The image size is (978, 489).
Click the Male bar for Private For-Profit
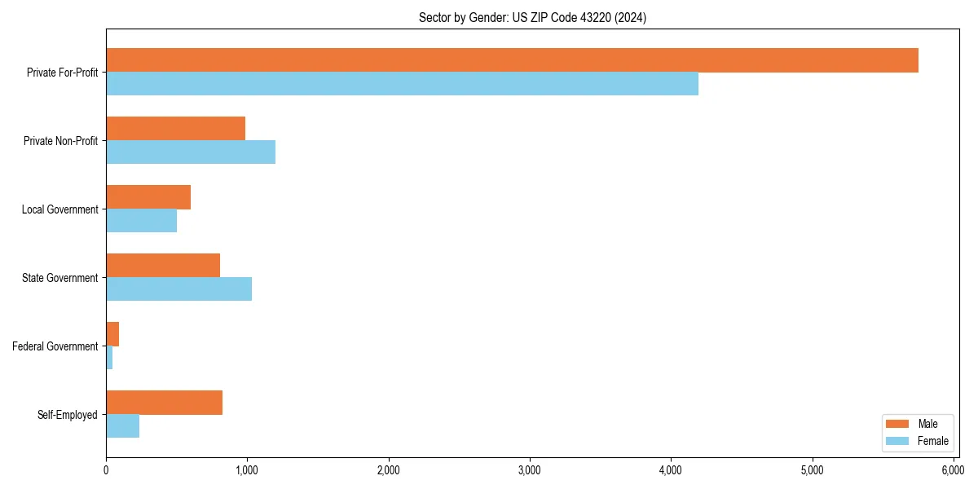[x=512, y=60]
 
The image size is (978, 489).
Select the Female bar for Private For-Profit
[x=402, y=84]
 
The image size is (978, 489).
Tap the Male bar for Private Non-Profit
[x=175, y=129]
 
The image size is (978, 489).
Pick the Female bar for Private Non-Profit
[x=191, y=152]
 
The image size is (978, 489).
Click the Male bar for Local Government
[x=148, y=197]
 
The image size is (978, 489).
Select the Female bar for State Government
[x=178, y=289]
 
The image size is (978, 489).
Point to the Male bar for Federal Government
[x=112, y=334]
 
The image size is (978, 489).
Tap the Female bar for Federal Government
[x=109, y=358]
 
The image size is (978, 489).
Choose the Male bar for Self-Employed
[x=164, y=403]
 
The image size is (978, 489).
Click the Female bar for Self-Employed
[x=122, y=426]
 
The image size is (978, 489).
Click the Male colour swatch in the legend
[x=896, y=424]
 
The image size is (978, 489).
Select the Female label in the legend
[x=933, y=442]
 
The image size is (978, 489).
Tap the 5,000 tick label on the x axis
[x=812, y=470]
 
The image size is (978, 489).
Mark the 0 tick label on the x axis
[x=106, y=470]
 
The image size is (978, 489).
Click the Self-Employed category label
[x=68, y=415]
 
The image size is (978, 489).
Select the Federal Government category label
[x=55, y=346]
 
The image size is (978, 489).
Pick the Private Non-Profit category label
[x=60, y=141]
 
